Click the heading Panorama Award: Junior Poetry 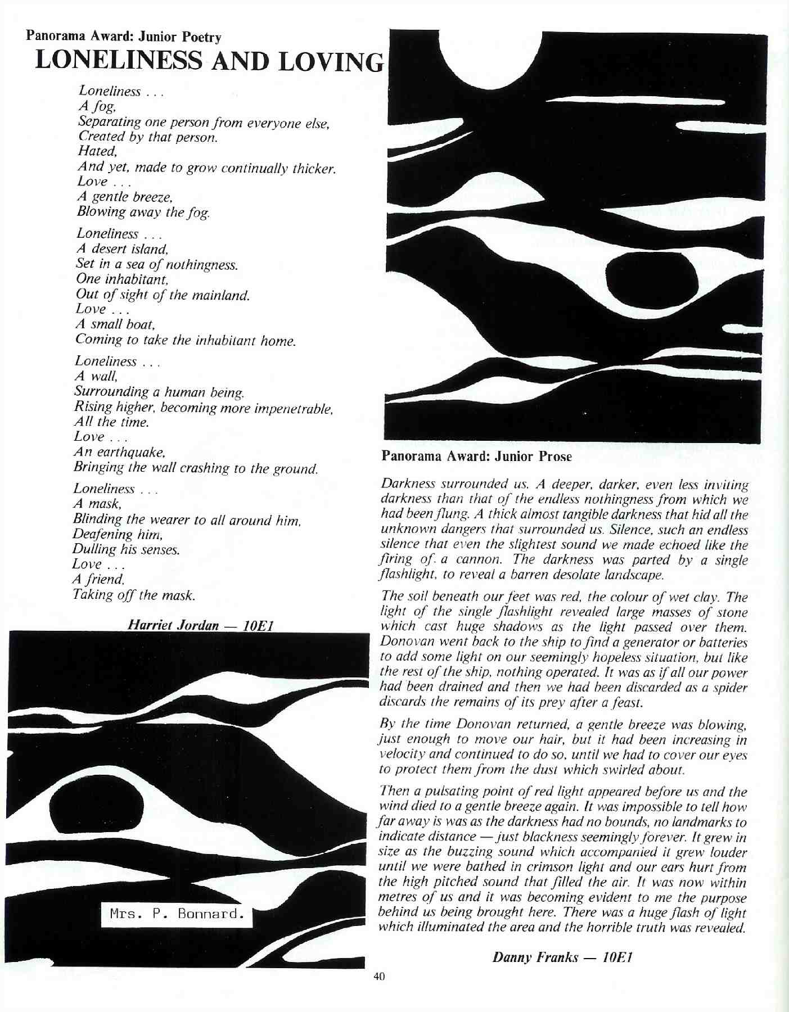124,38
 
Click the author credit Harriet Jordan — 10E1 201,625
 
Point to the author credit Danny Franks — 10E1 563,957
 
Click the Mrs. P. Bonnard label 177,914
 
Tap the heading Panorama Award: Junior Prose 476,457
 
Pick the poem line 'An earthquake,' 119,452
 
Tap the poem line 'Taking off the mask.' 134,595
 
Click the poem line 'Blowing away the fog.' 144,212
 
